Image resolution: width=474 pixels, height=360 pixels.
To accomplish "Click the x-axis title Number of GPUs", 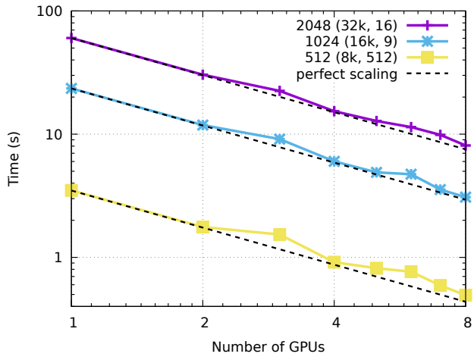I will tap(268, 347).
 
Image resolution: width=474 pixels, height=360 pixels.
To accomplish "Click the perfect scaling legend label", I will tap(347, 74).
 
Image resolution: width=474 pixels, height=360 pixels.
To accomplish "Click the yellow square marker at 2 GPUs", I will tap(202, 227).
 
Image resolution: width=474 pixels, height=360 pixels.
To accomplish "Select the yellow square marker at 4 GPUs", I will tap(334, 262).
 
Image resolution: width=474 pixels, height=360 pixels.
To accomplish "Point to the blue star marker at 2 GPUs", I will tap(202, 125).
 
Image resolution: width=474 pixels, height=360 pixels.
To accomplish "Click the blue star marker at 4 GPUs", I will tap(334, 161).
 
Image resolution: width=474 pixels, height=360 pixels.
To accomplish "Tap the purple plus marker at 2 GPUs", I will tap(202, 75).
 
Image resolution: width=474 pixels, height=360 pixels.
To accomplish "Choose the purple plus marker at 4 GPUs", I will tap(334, 111).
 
